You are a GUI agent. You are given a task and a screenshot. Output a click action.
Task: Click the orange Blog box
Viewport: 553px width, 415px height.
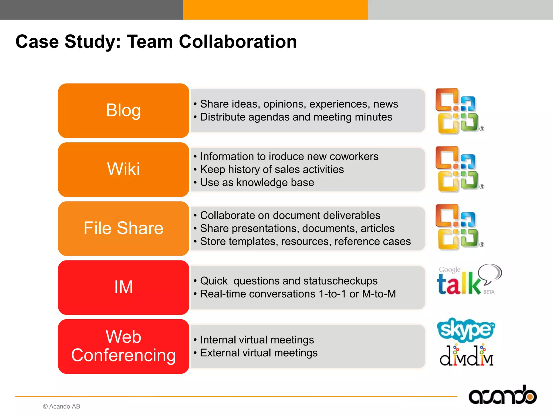pos(123,111)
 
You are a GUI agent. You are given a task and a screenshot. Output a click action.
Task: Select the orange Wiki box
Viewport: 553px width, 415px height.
pos(123,169)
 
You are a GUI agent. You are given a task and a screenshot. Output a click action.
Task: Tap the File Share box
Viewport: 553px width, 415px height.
pos(123,228)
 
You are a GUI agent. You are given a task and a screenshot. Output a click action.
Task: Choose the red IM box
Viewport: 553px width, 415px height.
pos(123,287)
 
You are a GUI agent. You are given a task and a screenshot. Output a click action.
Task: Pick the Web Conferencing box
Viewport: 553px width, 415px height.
pos(123,346)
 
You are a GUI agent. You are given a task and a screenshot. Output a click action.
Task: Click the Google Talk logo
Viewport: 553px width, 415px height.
pos(468,280)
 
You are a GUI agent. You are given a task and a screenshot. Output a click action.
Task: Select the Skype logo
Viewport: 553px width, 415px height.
pos(466,329)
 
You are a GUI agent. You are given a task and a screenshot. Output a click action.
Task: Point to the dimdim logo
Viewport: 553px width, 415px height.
pos(466,356)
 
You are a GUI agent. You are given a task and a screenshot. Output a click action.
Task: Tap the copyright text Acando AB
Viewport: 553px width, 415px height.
pos(62,406)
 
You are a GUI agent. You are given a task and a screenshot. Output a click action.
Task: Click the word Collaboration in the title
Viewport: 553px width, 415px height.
pos(238,42)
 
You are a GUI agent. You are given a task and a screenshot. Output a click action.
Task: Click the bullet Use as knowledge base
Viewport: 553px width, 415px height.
pos(257,183)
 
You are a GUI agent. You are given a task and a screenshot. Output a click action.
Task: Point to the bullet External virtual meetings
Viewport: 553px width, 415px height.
pos(259,353)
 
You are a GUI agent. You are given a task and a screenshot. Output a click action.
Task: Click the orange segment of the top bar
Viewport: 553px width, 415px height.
pos(275,10)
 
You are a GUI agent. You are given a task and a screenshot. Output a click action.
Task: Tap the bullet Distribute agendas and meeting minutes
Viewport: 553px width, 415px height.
pos(296,117)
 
